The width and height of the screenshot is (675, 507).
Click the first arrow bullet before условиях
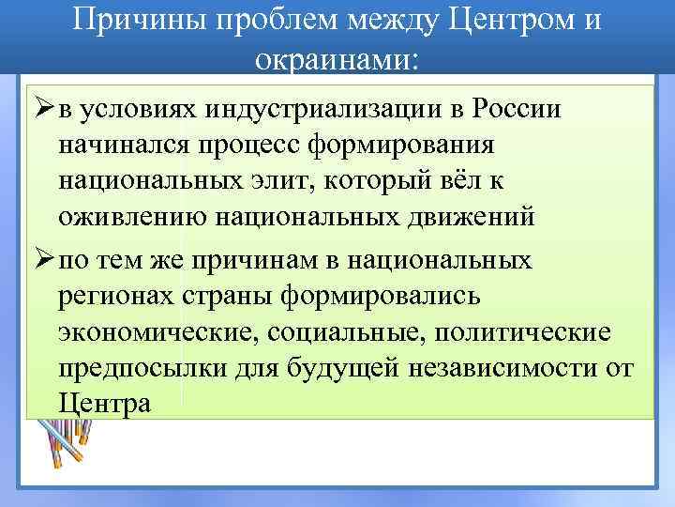pyautogui.click(x=39, y=108)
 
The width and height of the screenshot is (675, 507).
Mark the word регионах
pyautogui.click(x=112, y=297)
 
